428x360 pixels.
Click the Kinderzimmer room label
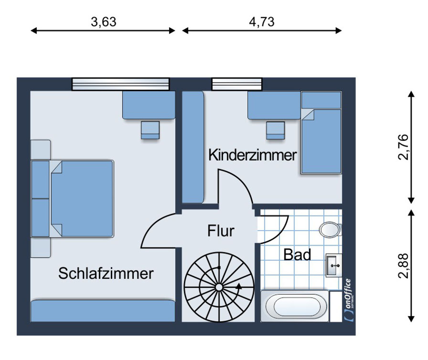pos(252,155)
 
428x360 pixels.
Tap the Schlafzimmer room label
pos(106,273)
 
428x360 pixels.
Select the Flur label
pos(221,231)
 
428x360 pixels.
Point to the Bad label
pos(297,255)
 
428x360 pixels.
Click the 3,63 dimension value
pos(104,22)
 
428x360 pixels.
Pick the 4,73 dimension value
pos(262,22)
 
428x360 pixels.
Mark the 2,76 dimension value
pos(404,147)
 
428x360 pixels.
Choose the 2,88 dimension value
pos(404,266)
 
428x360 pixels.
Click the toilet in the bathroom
pos(330,229)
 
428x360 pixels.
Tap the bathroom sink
pos(333,265)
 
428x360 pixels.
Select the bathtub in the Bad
pos(295,306)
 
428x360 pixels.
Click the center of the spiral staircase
pos(219,287)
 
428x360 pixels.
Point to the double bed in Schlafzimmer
pos(73,199)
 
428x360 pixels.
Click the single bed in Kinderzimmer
pos(321,132)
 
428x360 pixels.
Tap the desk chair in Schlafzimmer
pos(150,130)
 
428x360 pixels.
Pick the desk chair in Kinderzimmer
pos(275,130)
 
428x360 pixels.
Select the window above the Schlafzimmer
pos(120,84)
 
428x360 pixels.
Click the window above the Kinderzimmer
pos(237,84)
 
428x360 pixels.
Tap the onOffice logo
pos(348,300)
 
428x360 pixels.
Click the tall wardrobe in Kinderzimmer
pos(193,147)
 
